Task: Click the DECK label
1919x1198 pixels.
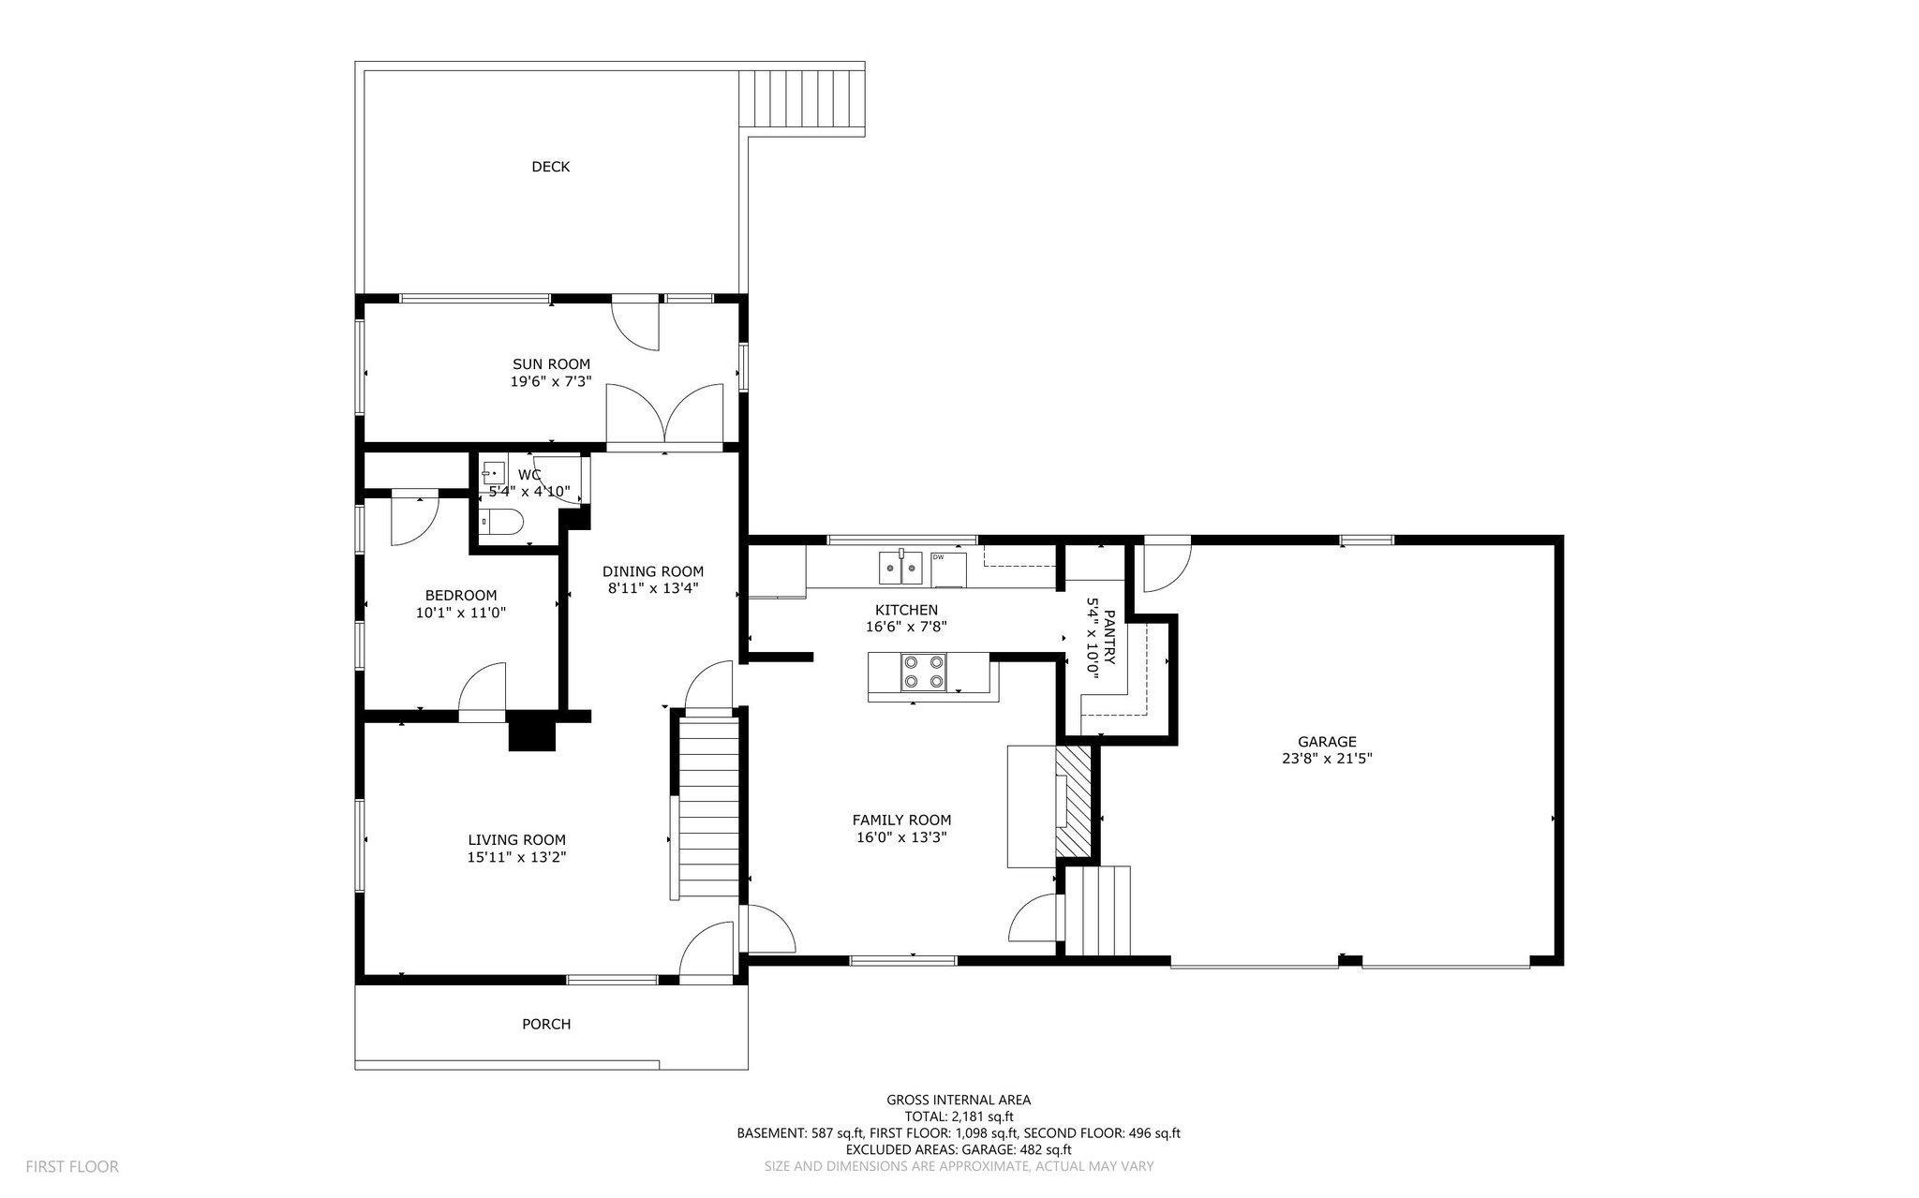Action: (x=550, y=167)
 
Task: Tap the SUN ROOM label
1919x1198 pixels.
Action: (x=551, y=364)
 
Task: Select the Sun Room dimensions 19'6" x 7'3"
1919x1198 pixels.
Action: (x=551, y=381)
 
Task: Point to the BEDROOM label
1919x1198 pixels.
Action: (x=461, y=596)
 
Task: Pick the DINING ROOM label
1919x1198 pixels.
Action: (x=653, y=571)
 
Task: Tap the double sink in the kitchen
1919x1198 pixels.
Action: (x=900, y=567)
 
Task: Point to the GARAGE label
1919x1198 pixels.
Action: (x=1327, y=742)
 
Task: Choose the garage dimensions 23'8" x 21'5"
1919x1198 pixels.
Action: (x=1327, y=759)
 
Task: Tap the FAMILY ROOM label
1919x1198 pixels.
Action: (x=901, y=821)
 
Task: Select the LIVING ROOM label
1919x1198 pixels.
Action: (x=517, y=840)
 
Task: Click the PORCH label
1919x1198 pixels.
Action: (x=546, y=1025)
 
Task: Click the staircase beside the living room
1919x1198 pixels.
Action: (x=707, y=806)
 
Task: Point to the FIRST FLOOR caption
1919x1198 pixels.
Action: (x=72, y=1167)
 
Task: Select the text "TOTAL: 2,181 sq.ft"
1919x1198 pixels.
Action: (x=959, y=1117)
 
